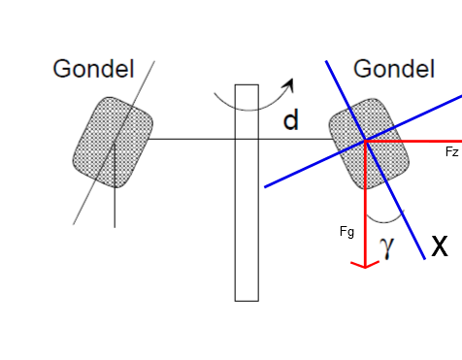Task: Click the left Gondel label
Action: (x=93, y=69)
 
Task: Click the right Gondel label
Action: (x=394, y=69)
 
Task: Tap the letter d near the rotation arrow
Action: (x=290, y=119)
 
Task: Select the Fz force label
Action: (x=452, y=151)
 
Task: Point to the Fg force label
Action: (x=346, y=232)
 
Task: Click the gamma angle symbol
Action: (x=387, y=247)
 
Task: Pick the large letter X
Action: (x=440, y=245)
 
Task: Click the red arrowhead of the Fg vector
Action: (x=365, y=265)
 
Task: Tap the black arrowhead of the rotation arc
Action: (x=288, y=84)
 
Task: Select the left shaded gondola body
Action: (x=113, y=143)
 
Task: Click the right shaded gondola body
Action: (x=369, y=144)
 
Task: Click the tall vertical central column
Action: (x=247, y=193)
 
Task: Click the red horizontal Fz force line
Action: (x=413, y=142)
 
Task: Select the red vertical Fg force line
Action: (x=365, y=204)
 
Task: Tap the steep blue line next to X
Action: (x=376, y=160)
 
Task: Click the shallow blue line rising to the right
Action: (x=363, y=142)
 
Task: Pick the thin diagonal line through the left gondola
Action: (x=114, y=143)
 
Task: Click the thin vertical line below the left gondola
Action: (x=115, y=185)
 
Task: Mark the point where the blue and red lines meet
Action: (x=365, y=141)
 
